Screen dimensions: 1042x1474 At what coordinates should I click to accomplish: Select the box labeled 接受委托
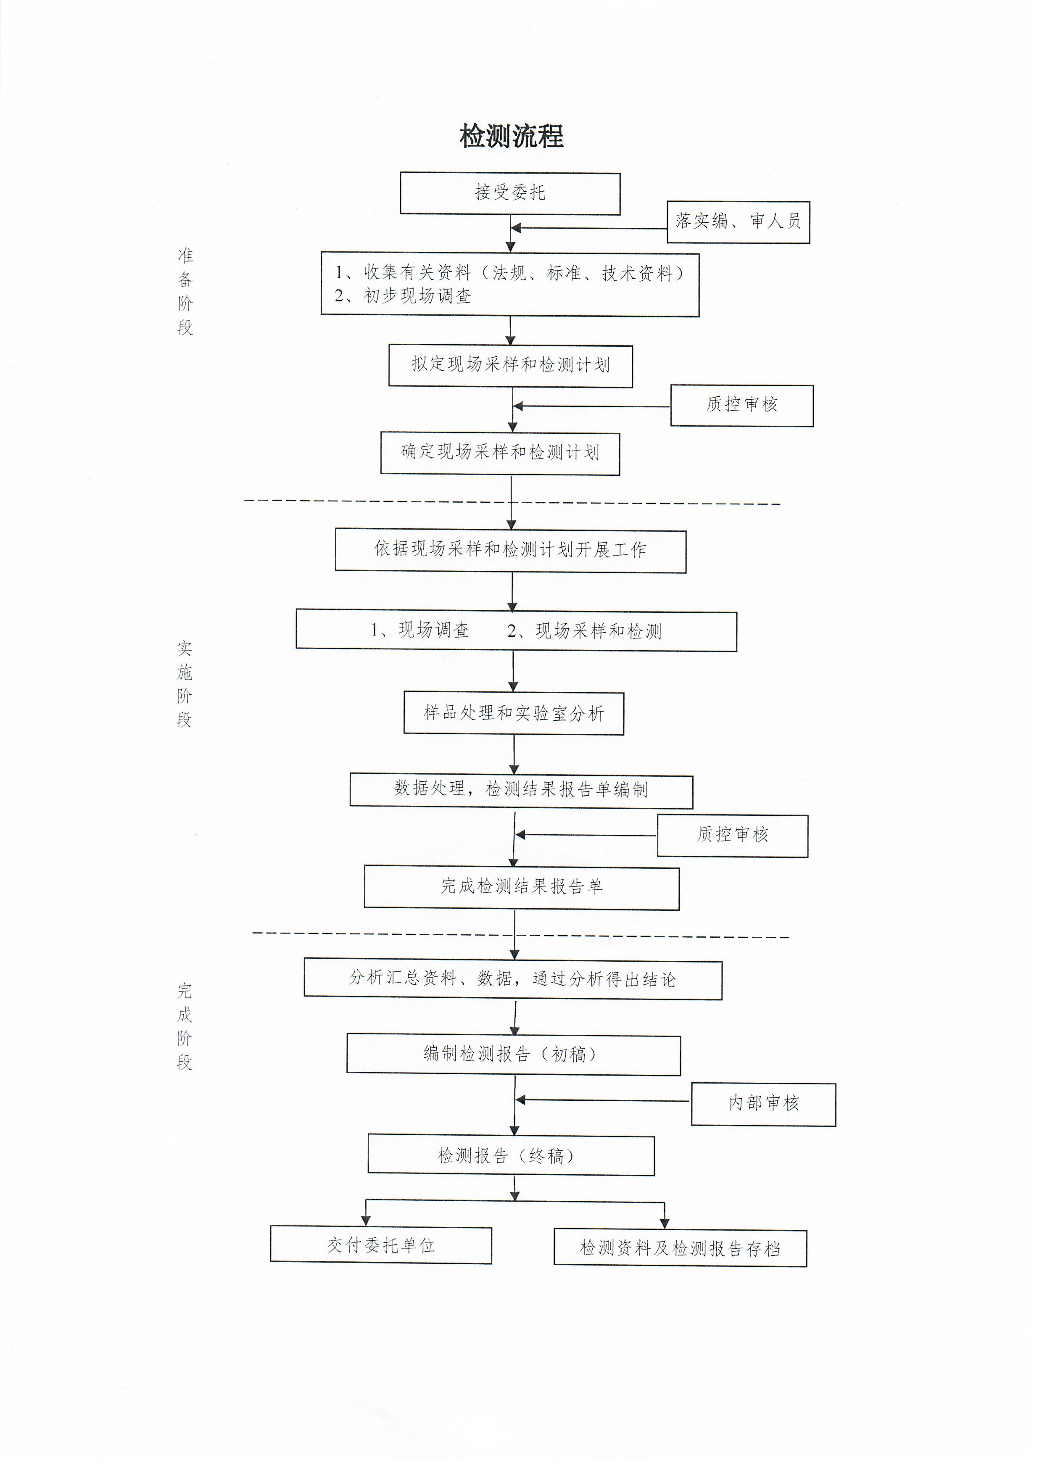[x=510, y=193]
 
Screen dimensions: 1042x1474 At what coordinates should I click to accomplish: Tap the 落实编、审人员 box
[x=739, y=222]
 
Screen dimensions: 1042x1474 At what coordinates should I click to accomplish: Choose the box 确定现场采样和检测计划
[x=500, y=453]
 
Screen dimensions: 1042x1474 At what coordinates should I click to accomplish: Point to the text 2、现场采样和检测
[x=584, y=631]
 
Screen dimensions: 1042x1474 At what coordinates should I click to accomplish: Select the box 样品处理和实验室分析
[x=514, y=713]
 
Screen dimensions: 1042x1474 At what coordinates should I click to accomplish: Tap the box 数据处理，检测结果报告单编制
[x=521, y=791]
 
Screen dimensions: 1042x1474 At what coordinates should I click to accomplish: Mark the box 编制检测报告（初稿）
[x=514, y=1055]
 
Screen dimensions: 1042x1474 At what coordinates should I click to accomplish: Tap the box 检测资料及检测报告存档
[x=680, y=1248]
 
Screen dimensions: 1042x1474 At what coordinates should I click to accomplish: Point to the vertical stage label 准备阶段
[x=185, y=291]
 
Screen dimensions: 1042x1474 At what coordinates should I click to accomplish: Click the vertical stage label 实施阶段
[x=185, y=684]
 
